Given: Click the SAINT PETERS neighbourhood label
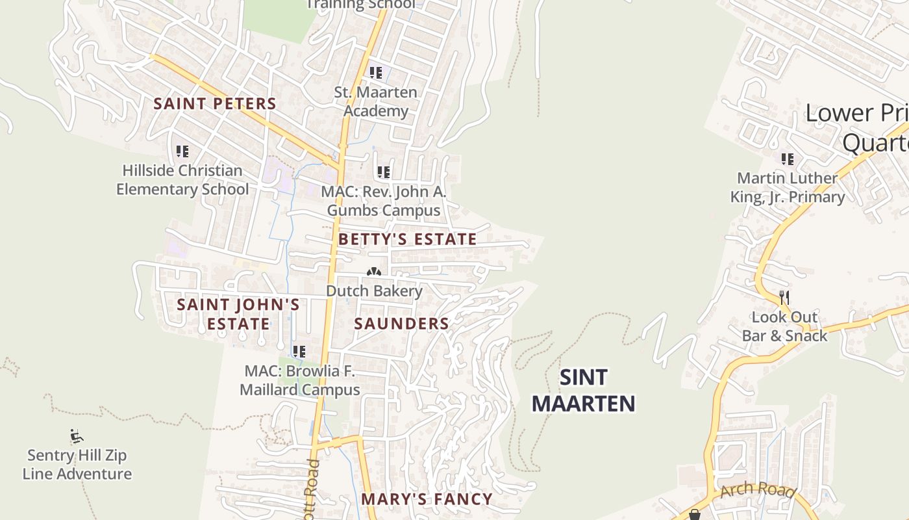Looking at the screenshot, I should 215,103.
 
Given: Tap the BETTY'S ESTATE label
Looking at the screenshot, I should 408,239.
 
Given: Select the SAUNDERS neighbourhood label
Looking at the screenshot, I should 402,324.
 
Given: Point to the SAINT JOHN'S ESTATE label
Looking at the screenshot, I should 238,314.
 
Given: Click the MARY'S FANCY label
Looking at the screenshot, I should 427,499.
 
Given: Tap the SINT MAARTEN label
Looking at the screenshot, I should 583,391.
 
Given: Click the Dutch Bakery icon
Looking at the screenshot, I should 373,273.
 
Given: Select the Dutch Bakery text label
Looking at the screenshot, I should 374,291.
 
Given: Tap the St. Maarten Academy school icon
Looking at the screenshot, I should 376,73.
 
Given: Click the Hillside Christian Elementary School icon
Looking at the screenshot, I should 182,151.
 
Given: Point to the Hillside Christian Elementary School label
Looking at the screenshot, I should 182,180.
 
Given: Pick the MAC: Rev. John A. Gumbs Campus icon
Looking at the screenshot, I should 384,172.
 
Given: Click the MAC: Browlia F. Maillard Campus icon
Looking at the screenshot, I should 299,352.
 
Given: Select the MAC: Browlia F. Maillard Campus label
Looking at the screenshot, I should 299,380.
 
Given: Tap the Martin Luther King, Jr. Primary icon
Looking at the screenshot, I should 788,159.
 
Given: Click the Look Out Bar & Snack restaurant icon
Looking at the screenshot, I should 784,298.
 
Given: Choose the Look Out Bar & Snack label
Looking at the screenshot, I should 784,326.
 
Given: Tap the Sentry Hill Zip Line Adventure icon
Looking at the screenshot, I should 77,435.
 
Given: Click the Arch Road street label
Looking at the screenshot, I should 758,489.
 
